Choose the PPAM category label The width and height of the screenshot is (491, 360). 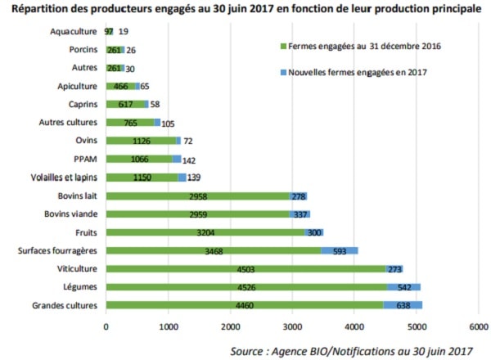tap(87, 159)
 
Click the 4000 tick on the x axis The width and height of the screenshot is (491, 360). tap(354, 326)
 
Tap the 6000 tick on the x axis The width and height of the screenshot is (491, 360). tap(479, 326)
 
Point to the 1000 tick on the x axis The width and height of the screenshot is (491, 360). tap(168, 326)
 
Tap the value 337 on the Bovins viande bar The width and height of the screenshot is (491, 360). tap(300, 214)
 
